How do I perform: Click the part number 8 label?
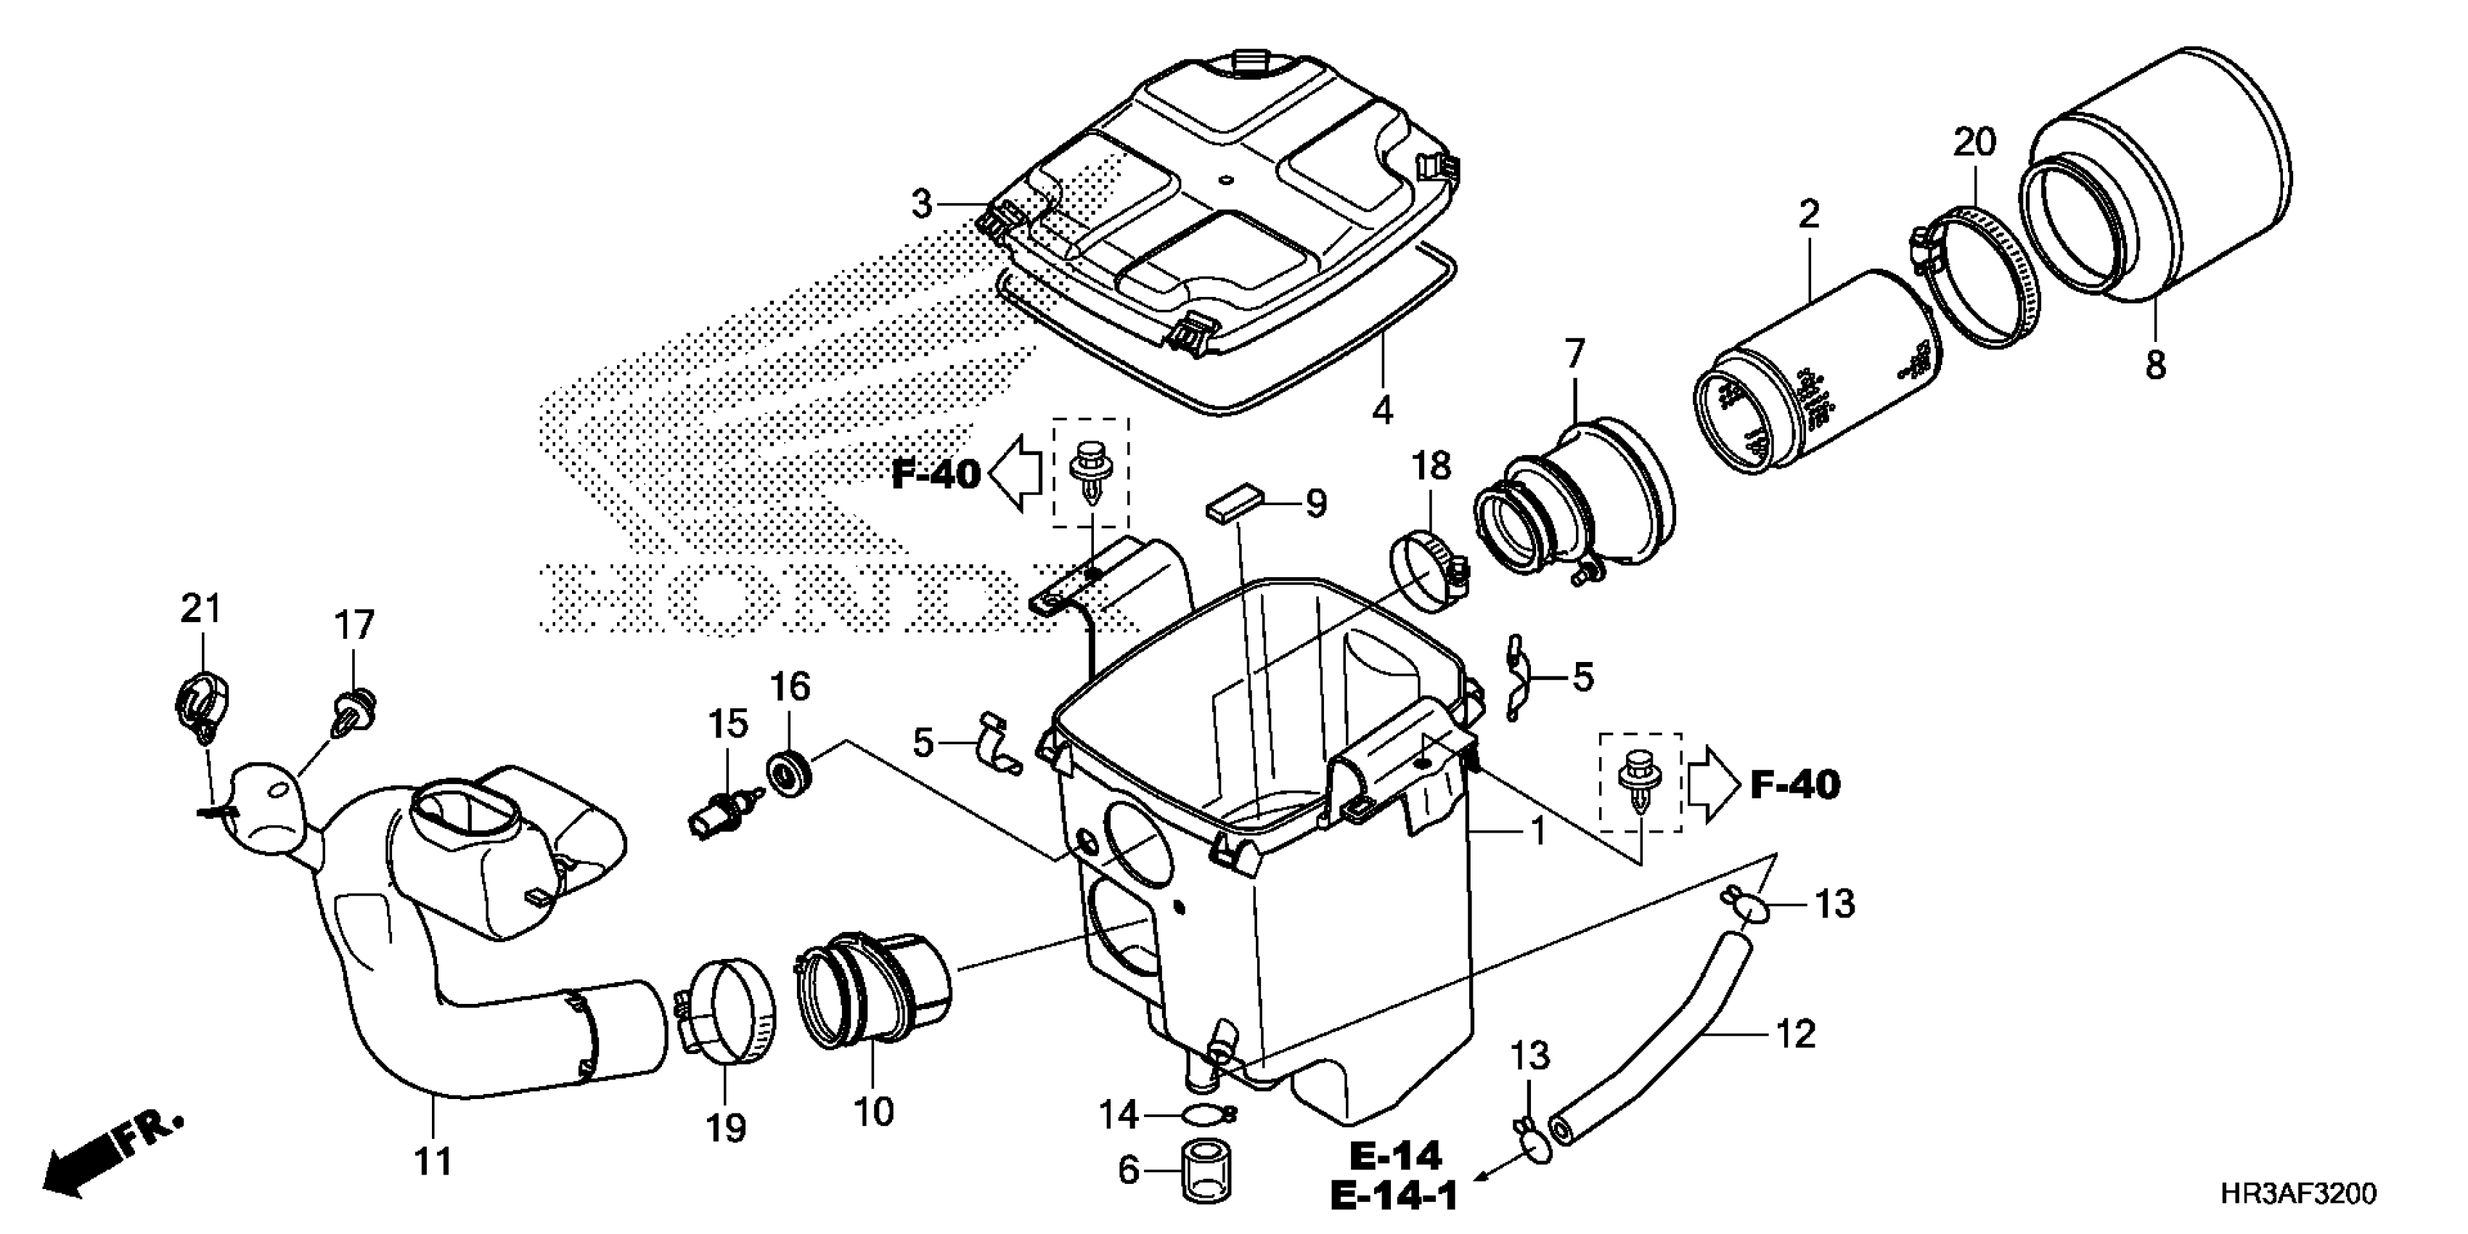point(2154,364)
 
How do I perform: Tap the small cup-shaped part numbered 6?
point(1205,1170)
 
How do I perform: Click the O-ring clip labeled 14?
point(1206,1114)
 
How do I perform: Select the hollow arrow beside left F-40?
point(1016,474)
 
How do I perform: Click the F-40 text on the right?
point(1794,785)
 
